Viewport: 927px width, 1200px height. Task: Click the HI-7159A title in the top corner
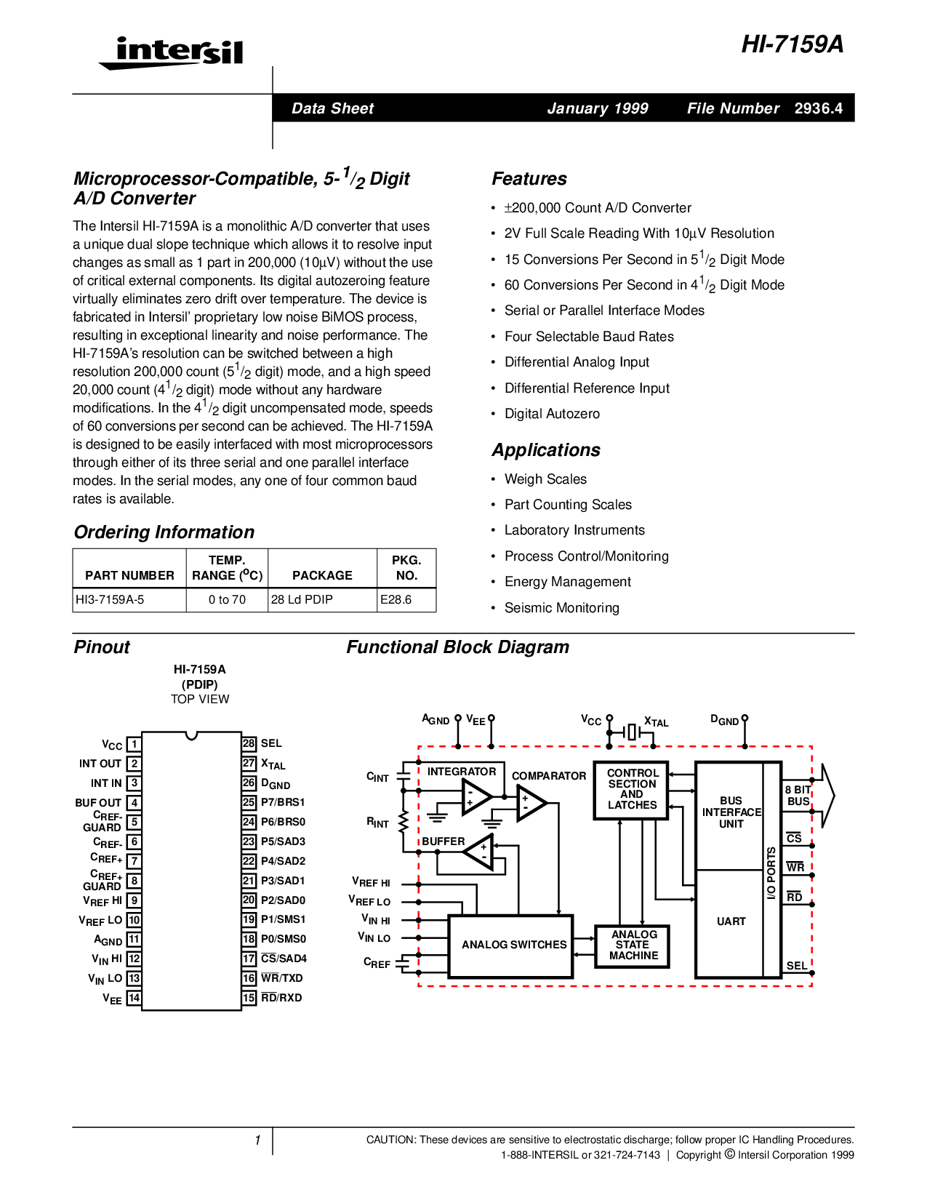click(x=792, y=44)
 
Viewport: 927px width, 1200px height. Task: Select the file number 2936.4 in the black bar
click(x=818, y=108)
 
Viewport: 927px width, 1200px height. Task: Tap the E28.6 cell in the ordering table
click(x=396, y=599)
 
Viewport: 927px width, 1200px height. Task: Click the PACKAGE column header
click(x=322, y=575)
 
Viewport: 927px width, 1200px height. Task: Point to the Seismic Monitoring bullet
click(x=561, y=607)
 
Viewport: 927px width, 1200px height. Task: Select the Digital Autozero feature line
click(x=552, y=413)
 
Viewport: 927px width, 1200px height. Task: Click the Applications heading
click(x=546, y=450)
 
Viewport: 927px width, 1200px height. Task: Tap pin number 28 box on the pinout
click(x=249, y=743)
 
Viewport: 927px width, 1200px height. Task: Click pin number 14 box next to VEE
click(x=134, y=998)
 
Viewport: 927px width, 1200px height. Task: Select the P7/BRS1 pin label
click(x=283, y=802)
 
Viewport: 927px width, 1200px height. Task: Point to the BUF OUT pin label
click(x=98, y=803)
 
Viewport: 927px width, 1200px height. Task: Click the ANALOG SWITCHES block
click(x=513, y=945)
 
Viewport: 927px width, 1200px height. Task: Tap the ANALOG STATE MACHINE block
click(x=633, y=945)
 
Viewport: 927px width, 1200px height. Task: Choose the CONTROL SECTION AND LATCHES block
click(x=632, y=789)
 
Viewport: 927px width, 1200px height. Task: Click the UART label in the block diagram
click(x=731, y=921)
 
